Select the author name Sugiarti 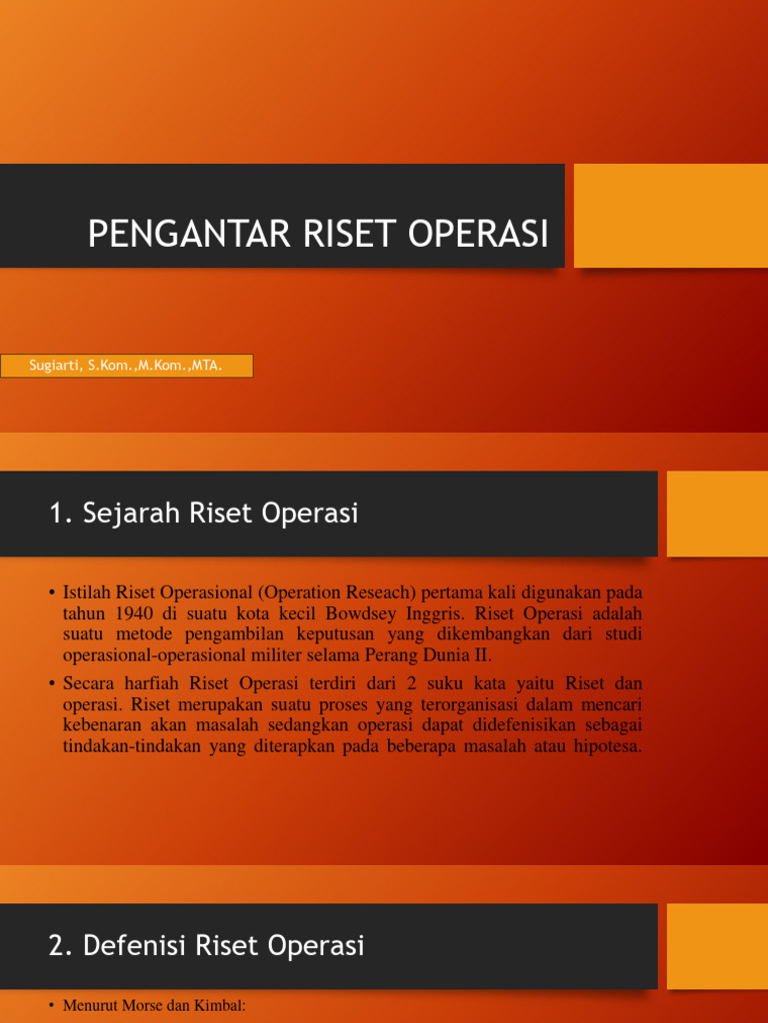[55, 366]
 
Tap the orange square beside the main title [671, 215]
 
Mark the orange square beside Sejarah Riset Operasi [716, 513]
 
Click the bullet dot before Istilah [51, 592]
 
